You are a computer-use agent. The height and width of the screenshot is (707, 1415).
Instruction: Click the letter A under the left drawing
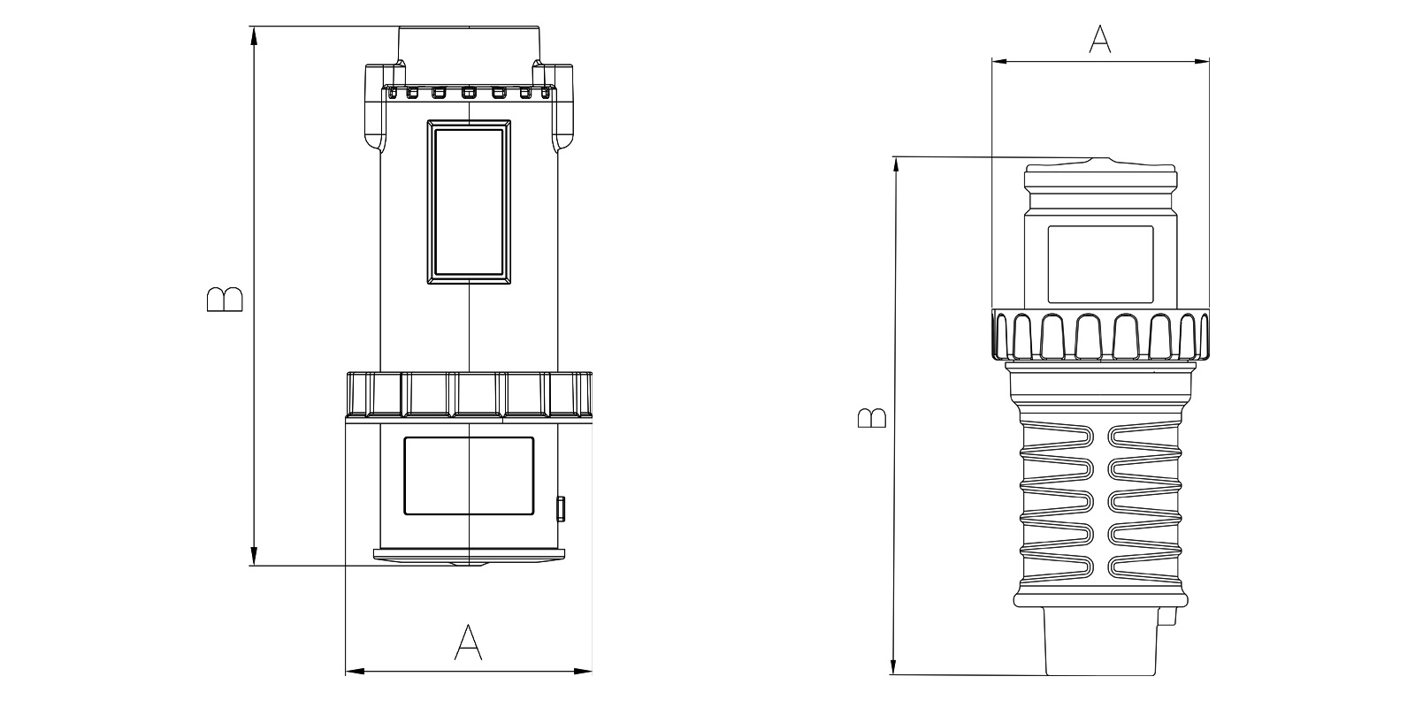click(x=468, y=642)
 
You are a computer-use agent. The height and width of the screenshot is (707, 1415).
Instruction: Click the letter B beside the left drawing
click(x=225, y=300)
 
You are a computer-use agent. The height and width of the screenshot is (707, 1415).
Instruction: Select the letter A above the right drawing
click(x=1100, y=39)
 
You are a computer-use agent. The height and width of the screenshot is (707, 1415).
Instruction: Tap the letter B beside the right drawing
click(x=872, y=418)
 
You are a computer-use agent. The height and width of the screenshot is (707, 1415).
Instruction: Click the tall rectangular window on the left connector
click(x=469, y=202)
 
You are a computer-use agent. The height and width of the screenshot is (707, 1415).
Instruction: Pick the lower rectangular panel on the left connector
click(x=469, y=476)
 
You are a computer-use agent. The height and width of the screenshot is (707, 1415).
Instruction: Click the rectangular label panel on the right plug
click(x=1100, y=264)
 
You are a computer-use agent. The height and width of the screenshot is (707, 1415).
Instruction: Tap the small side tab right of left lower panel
click(x=561, y=509)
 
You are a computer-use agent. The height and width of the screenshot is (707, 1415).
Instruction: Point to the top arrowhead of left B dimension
click(x=254, y=36)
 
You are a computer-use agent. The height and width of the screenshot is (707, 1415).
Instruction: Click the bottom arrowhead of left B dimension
click(x=254, y=556)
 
